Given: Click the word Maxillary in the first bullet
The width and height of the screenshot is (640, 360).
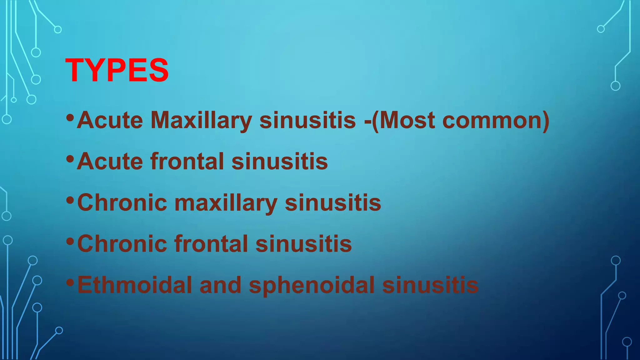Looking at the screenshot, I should click(x=201, y=120).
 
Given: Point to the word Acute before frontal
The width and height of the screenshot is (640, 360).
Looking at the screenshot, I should click(x=110, y=162).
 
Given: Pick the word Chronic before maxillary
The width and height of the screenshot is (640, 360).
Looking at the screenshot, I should click(x=122, y=203).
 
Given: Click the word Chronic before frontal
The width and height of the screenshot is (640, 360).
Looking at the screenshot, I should click(x=122, y=244).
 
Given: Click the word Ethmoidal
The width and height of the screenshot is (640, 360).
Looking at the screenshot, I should click(x=135, y=285).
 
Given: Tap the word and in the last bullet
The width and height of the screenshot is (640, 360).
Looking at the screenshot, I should click(x=220, y=285).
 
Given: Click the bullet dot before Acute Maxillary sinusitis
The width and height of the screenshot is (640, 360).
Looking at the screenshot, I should click(x=70, y=118).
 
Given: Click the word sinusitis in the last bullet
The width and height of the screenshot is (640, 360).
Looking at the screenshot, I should click(x=430, y=285).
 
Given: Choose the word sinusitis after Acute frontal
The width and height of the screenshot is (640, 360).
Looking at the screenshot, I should click(x=280, y=162).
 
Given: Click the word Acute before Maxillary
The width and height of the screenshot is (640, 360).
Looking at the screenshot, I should click(x=110, y=120).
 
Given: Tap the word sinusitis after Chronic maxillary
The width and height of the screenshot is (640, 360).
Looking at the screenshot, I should click(x=333, y=203).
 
